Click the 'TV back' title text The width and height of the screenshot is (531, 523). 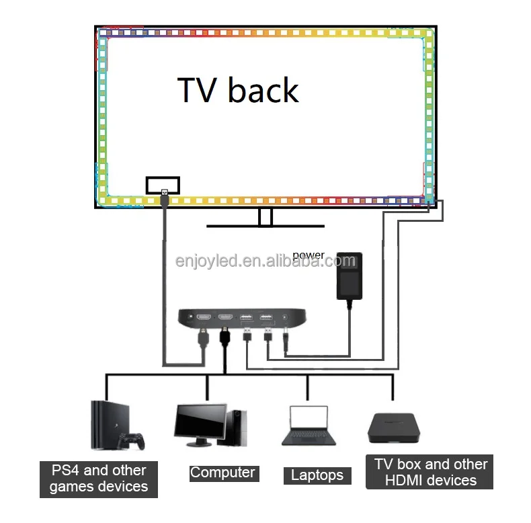238,91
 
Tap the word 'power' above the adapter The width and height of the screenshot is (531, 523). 309,255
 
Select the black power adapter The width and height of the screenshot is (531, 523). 348,276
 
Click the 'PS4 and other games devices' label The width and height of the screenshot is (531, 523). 99,478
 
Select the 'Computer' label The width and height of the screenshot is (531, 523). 222,473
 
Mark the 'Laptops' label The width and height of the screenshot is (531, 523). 317,475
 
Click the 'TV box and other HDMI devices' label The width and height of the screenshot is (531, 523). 430,472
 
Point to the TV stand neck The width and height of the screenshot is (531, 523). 266,217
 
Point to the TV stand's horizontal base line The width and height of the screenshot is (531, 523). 265,227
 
